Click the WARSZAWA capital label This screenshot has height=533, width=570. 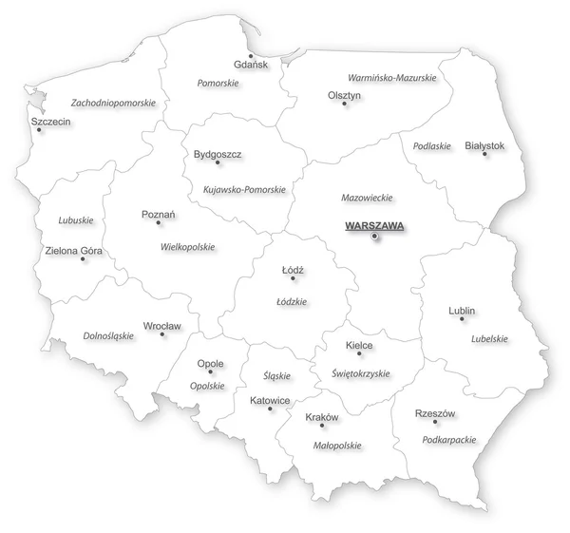375,225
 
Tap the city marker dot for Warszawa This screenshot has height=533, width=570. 375,236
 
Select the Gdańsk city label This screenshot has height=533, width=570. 251,65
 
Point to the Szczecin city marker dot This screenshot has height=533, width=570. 39,132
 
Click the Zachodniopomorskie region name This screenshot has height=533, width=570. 113,102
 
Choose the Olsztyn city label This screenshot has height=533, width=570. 345,95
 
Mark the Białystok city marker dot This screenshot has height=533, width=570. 485,155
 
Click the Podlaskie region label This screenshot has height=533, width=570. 432,146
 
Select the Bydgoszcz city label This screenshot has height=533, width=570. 218,153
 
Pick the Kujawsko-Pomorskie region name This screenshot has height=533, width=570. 244,189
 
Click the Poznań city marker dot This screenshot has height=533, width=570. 159,224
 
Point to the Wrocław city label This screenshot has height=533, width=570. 161,326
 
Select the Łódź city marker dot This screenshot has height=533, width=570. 294,279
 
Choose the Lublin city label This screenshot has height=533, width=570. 462,311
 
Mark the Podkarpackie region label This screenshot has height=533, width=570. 448,441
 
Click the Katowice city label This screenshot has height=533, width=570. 270,400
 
